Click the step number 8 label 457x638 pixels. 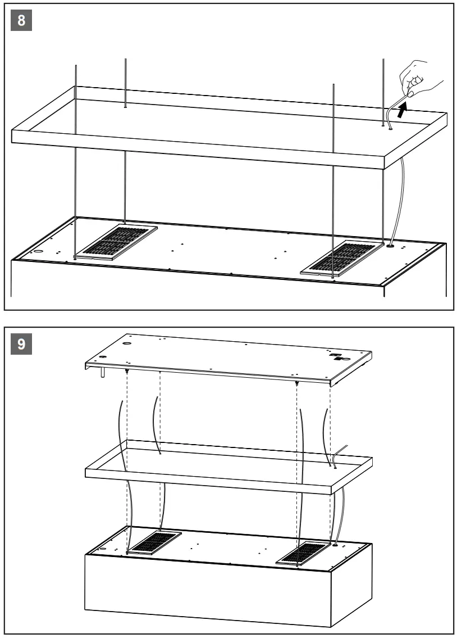(x=21, y=20)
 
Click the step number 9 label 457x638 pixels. (x=21, y=343)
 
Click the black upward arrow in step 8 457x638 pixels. (x=401, y=111)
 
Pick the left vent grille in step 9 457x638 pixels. (x=153, y=542)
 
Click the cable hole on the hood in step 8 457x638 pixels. (x=389, y=245)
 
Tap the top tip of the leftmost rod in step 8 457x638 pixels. (x=76, y=66)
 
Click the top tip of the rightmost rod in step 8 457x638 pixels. (x=383, y=60)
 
